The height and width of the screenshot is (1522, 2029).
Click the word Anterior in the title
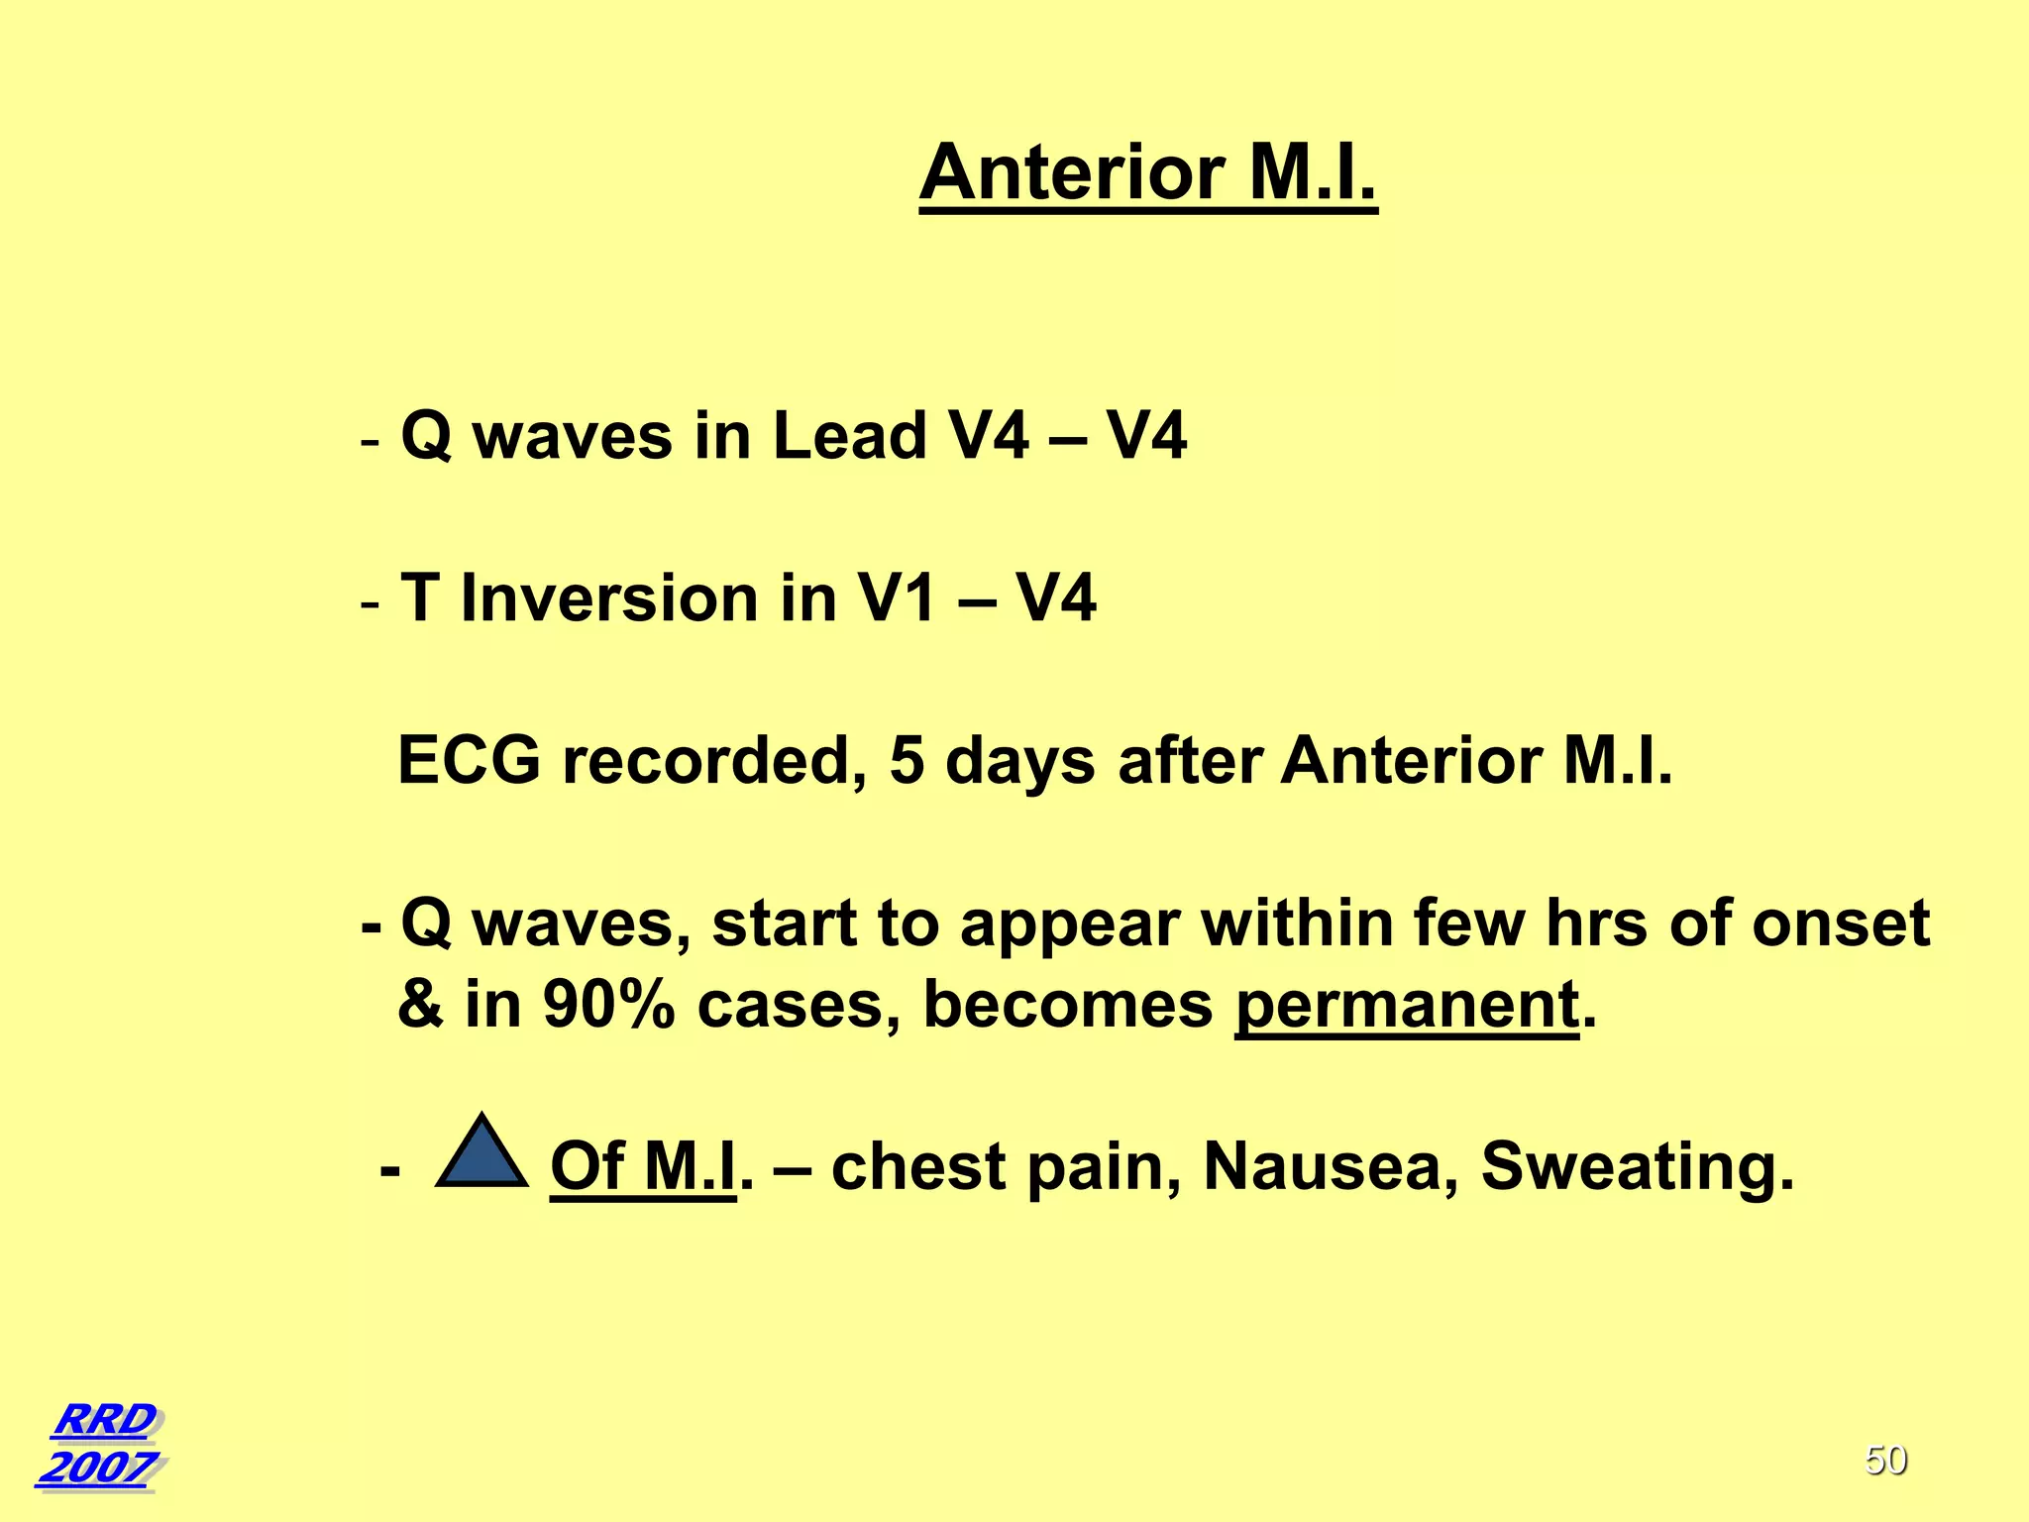pos(1073,172)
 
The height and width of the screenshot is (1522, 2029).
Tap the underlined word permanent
pos(1406,1005)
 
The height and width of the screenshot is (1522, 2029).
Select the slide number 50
pos(1885,1461)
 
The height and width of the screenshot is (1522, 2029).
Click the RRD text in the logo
pos(105,1419)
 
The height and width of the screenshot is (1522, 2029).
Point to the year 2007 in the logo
pos(98,1468)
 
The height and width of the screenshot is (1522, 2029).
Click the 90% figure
pos(608,1005)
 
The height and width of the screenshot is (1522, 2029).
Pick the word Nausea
pos(1329,1166)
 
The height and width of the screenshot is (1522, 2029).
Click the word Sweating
pos(1636,1166)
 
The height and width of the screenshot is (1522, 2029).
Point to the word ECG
pos(469,761)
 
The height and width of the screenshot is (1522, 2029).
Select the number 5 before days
pos(906,761)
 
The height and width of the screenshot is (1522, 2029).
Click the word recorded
pos(714,761)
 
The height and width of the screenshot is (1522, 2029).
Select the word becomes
pos(1067,1005)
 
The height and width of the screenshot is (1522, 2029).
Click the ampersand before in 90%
pos(420,1005)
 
